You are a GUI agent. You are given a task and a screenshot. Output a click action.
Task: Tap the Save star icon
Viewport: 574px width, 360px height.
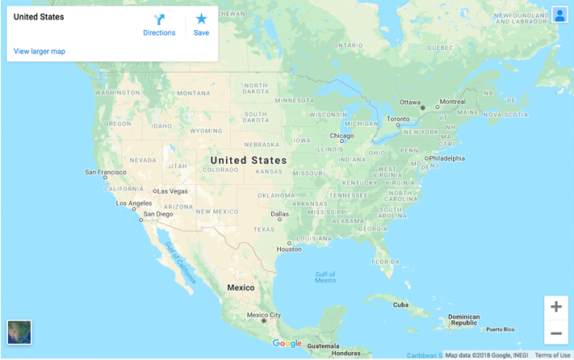point(201,24)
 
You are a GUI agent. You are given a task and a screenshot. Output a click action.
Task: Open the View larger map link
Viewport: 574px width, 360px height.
point(40,52)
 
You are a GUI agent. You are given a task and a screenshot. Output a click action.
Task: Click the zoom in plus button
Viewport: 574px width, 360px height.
point(555,308)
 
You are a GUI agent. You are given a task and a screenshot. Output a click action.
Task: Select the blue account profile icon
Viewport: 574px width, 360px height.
point(559,15)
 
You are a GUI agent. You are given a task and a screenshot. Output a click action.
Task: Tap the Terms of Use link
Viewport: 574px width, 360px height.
point(552,355)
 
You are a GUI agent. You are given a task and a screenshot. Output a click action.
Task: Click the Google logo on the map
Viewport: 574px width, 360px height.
point(287,344)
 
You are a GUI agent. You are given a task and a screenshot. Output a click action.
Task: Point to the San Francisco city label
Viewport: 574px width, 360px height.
point(106,172)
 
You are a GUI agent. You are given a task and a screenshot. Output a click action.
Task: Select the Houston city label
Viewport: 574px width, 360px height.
point(289,249)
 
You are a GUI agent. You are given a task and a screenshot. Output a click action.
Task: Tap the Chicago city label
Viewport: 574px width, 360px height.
point(341,136)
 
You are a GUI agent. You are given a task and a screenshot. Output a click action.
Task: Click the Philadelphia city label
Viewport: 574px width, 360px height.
point(446,158)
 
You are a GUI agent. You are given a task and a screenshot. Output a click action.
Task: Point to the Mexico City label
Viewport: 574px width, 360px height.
point(263,315)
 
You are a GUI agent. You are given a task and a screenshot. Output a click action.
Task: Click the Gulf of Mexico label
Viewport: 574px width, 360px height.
point(325,276)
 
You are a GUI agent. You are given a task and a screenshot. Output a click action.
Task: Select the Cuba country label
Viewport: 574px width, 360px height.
point(400,305)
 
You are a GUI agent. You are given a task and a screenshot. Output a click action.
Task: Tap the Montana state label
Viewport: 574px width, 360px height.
point(194,94)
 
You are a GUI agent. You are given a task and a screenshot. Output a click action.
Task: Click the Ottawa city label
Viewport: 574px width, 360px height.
point(410,103)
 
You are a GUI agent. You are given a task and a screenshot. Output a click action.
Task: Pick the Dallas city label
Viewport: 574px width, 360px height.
point(279,214)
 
